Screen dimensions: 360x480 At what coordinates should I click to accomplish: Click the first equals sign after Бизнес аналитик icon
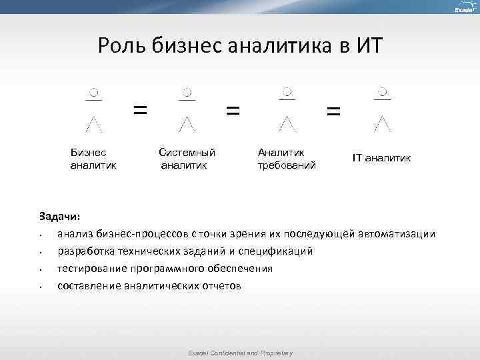pyautogui.click(x=140, y=109)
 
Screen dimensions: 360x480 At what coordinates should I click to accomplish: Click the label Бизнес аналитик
pyautogui.click(x=93, y=158)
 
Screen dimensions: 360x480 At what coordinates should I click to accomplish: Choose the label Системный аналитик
pyautogui.click(x=187, y=158)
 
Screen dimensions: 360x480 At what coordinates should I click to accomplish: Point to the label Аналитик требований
pyautogui.click(x=286, y=158)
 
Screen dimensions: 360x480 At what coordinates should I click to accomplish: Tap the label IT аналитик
pyautogui.click(x=382, y=158)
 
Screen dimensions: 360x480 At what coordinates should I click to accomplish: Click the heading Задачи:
pyautogui.click(x=60, y=217)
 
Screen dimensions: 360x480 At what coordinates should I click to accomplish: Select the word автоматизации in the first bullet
pyautogui.click(x=399, y=234)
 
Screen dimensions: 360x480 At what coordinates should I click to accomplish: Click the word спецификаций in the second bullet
pyautogui.click(x=277, y=251)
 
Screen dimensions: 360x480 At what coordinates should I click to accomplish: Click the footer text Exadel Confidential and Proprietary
pyautogui.click(x=240, y=353)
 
